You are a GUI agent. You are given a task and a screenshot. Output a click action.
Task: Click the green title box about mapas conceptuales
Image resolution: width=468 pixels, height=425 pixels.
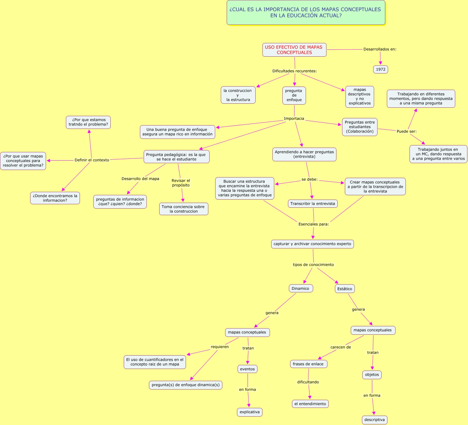(x=306, y=12)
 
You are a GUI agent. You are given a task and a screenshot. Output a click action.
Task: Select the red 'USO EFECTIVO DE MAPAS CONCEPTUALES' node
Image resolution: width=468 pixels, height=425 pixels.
(x=294, y=50)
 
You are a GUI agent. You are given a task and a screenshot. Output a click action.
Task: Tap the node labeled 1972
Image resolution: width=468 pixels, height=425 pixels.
(x=380, y=69)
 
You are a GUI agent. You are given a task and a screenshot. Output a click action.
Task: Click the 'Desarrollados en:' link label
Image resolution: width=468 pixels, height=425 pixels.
(x=380, y=49)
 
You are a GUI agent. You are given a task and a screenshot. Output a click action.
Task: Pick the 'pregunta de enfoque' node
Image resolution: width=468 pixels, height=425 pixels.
(x=294, y=95)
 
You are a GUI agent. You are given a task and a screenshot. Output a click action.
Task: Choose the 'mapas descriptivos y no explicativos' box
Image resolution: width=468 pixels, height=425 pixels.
(x=359, y=97)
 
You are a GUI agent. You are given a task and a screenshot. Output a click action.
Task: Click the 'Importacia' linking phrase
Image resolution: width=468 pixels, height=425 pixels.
(x=294, y=119)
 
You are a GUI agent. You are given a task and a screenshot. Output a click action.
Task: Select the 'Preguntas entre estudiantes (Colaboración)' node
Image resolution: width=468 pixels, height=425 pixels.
(x=359, y=127)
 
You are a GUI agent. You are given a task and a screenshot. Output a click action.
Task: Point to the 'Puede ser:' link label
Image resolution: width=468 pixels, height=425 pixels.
(x=406, y=131)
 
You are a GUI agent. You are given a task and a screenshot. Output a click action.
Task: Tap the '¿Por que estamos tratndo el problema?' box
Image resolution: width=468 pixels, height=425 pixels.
(x=88, y=122)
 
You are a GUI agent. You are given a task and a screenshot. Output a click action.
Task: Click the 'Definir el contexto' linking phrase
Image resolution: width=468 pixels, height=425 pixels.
(x=92, y=160)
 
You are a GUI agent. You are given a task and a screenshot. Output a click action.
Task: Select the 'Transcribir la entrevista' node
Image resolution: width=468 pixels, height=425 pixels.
(x=313, y=204)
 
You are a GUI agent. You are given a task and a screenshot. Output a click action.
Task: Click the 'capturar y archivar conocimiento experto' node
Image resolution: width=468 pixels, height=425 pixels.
(x=312, y=244)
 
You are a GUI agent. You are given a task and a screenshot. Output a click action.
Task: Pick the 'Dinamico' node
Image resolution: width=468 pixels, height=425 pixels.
(x=300, y=288)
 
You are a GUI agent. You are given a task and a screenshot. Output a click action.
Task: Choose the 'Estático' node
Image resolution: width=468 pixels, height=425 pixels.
(x=345, y=289)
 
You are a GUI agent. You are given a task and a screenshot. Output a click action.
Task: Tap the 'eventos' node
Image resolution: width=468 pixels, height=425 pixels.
(x=247, y=369)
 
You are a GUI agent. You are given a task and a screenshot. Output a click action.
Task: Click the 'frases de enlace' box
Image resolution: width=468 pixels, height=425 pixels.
(x=308, y=364)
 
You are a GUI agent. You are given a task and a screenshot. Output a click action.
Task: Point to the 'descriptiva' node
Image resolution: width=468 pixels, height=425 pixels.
(x=374, y=420)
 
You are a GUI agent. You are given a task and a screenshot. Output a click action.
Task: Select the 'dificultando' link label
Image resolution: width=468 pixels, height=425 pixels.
(x=308, y=382)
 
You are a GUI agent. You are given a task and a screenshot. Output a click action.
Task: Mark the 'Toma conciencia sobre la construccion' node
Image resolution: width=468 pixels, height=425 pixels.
(x=183, y=209)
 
